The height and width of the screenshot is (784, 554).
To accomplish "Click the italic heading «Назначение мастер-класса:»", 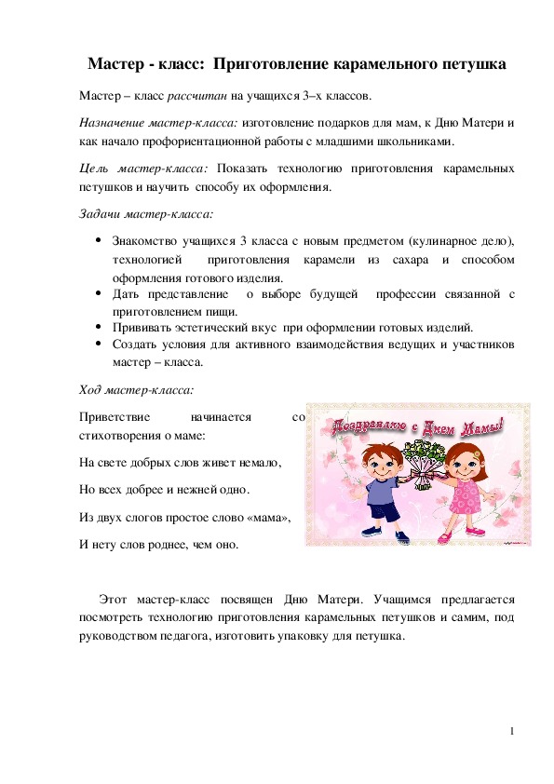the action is tap(159, 122).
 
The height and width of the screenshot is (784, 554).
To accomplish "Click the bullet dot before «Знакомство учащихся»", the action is tap(98, 239).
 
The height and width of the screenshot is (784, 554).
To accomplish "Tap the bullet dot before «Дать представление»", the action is tap(98, 292).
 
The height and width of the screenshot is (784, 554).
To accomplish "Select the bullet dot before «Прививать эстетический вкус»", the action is tap(98, 328).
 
